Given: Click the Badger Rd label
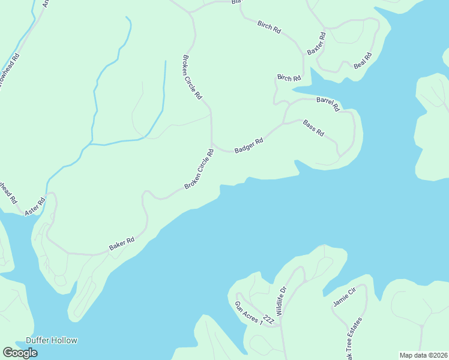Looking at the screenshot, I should point(249,146).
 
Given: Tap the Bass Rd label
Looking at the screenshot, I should point(313,128).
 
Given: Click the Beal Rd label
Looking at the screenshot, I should point(363,61).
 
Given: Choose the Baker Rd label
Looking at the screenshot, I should point(121,244).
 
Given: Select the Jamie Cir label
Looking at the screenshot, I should point(345,297).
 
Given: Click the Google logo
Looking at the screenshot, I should point(20,353).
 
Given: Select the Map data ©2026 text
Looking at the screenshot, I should point(423,355).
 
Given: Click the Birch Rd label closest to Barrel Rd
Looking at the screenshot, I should point(289,79).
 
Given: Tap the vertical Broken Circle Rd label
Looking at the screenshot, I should point(192,78).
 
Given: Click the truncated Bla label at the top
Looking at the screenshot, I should point(237,2).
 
